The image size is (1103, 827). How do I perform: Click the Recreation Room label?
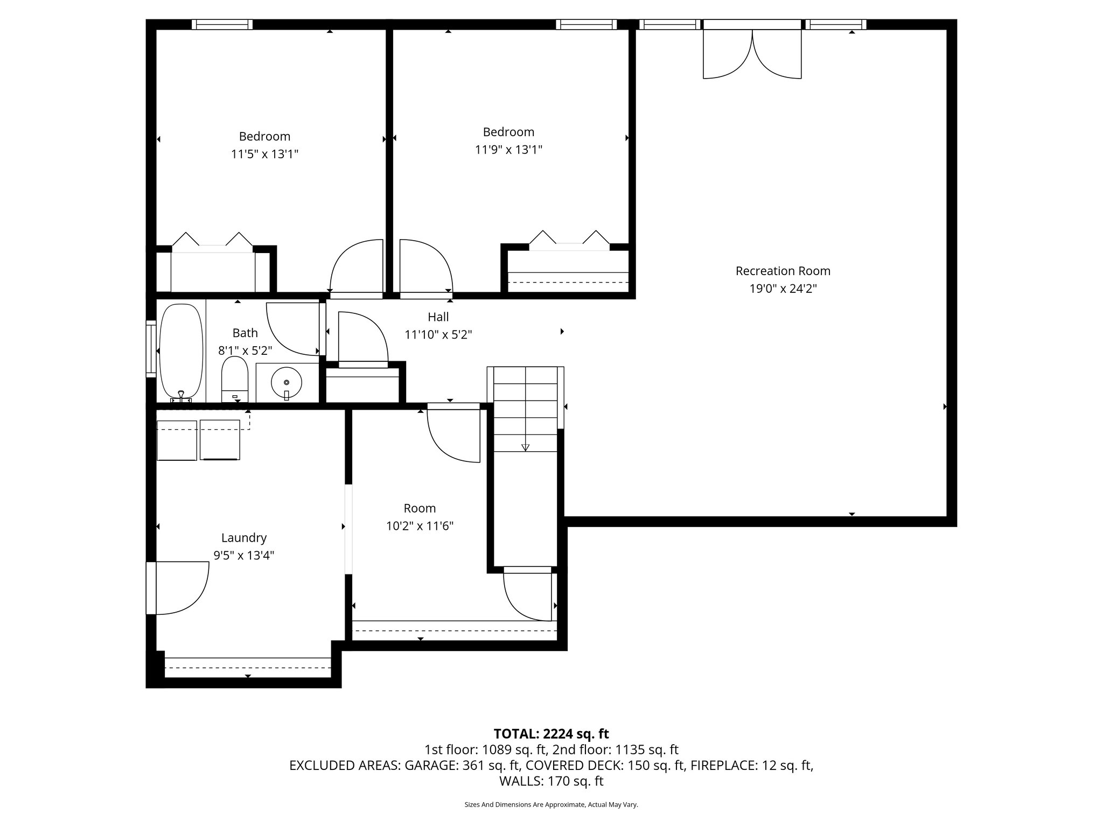[783, 271]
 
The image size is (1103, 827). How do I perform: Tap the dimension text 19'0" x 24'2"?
[783, 289]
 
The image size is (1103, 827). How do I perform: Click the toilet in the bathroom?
[234, 378]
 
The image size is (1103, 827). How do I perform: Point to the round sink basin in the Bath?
[287, 382]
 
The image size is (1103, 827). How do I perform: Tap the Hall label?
[438, 317]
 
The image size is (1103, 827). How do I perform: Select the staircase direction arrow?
[525, 446]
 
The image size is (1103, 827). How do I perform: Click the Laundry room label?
[244, 537]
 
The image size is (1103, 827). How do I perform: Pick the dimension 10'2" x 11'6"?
[420, 526]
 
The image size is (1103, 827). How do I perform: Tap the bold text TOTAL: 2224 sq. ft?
[551, 733]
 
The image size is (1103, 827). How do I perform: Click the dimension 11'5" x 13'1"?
[264, 155]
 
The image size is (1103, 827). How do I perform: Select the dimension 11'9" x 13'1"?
[508, 150]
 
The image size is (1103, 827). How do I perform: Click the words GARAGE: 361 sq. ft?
[462, 765]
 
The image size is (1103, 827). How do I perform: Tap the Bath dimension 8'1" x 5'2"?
[245, 351]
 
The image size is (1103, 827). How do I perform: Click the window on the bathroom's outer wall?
[150, 348]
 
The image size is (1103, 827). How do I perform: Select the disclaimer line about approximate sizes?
[551, 804]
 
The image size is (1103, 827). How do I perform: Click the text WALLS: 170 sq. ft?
[551, 781]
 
